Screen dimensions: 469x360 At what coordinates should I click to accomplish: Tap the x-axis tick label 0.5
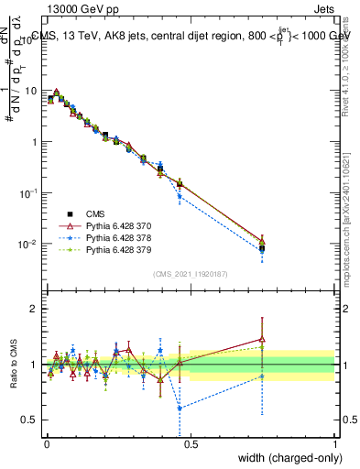coord(190,444)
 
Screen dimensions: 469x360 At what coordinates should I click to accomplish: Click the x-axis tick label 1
coord(334,444)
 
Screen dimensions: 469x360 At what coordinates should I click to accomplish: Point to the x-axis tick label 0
coord(45,444)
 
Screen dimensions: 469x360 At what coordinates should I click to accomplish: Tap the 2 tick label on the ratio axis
coord(34,309)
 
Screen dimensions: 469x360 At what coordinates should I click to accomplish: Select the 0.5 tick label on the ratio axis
coord(29,420)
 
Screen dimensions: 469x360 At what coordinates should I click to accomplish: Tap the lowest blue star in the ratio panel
coord(180,409)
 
